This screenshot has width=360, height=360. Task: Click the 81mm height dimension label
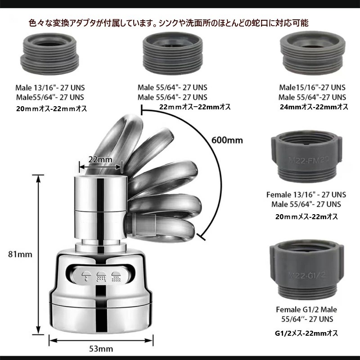click(x=20, y=254)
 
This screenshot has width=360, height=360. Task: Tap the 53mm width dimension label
click(x=101, y=349)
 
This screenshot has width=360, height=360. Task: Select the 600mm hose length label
click(x=227, y=140)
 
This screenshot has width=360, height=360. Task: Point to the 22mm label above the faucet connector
click(x=100, y=159)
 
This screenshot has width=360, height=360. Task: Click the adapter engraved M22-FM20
click(x=307, y=158)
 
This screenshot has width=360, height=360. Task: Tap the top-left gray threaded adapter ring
click(x=49, y=53)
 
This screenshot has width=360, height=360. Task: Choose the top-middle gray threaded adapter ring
click(x=173, y=53)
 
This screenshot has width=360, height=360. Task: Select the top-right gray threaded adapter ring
click(x=313, y=53)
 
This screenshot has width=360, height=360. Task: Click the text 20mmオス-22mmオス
click(x=51, y=108)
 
